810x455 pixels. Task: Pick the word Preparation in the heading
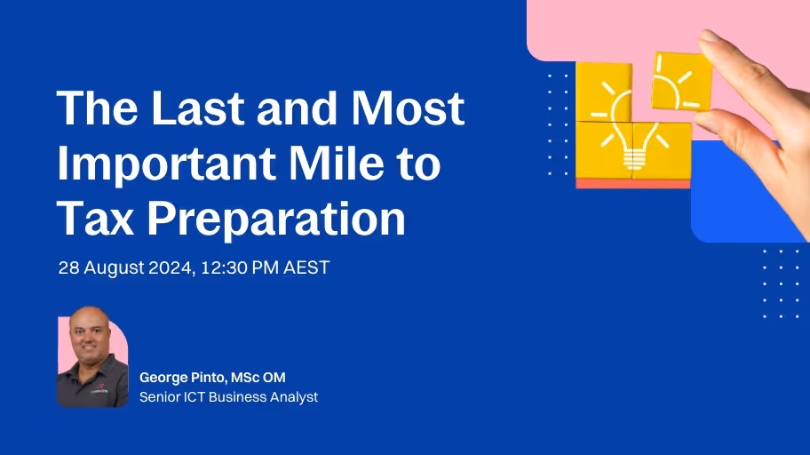[x=276, y=220]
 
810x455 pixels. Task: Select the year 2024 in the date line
[x=172, y=267]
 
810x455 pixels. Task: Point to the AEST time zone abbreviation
[x=306, y=267]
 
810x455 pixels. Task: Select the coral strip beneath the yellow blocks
[x=632, y=183]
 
